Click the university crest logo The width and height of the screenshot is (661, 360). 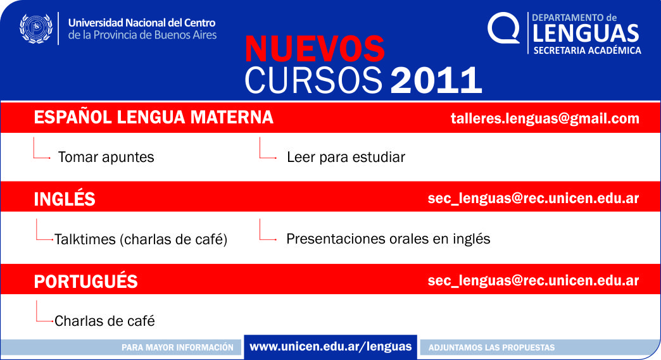tap(36, 28)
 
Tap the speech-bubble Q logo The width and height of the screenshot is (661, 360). tap(503, 28)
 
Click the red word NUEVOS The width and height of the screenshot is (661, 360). tap(315, 49)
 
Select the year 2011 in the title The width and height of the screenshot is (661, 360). tap(436, 80)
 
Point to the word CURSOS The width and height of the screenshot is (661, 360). tap(313, 80)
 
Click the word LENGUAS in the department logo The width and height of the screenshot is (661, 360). tap(586, 34)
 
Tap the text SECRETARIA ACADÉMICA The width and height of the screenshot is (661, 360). tap(587, 51)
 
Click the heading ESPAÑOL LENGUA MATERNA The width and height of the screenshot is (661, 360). tap(153, 117)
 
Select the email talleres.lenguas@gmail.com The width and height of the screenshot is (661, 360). tap(545, 118)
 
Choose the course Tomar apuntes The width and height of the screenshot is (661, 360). tap(106, 157)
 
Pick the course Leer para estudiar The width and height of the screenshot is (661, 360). tap(346, 157)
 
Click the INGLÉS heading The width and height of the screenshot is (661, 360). tap(65, 199)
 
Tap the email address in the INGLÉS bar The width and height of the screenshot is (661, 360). tap(533, 198)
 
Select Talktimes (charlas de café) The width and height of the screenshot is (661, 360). tap(141, 239)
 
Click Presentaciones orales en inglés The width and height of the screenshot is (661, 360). tap(388, 239)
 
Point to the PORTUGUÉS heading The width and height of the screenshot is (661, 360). tap(85, 282)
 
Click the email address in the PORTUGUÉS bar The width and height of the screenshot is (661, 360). tap(533, 280)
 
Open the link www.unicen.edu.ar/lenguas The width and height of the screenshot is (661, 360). tap(330, 347)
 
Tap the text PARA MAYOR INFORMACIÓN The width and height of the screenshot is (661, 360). tap(177, 347)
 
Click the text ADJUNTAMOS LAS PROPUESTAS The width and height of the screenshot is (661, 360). tap(491, 347)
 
